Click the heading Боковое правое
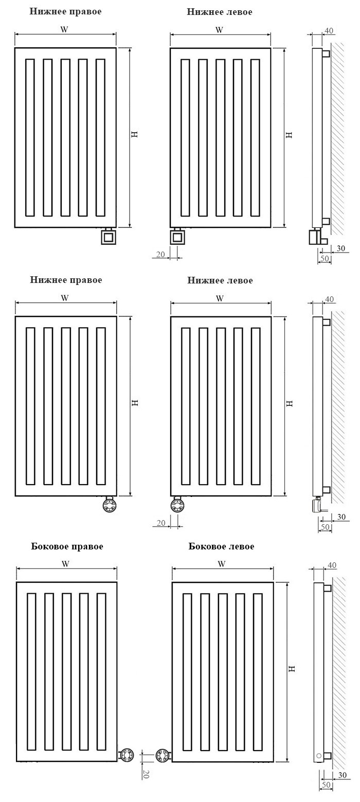(67, 547)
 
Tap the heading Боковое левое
(221, 547)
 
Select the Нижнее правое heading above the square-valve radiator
(65, 11)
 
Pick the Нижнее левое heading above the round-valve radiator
(220, 280)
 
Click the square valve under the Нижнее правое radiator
(108, 236)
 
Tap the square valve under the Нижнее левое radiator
(177, 236)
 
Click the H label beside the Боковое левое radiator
(292, 668)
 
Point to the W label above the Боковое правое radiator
(65, 564)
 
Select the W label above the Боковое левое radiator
(222, 564)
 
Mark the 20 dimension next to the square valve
(160, 254)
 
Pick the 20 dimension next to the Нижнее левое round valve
(161, 523)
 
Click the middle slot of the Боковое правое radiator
(66, 673)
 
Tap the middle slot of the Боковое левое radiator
(223, 673)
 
